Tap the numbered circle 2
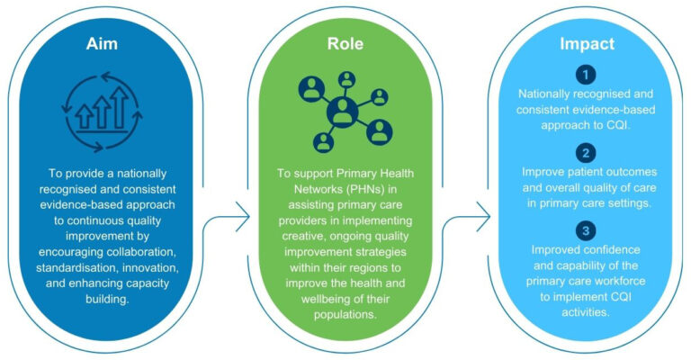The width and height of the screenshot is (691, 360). pos(588,151)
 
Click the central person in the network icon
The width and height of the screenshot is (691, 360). pos(344,112)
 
